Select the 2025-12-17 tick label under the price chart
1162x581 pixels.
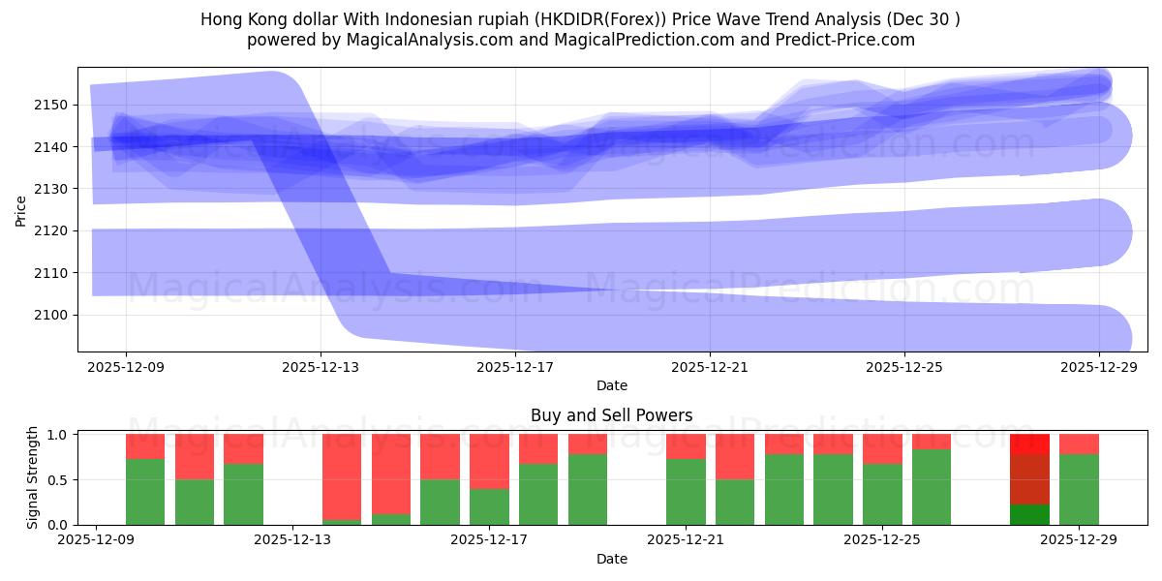tap(514, 367)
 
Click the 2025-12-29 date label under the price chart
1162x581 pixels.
tap(1099, 367)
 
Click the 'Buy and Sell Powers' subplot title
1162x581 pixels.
tap(611, 415)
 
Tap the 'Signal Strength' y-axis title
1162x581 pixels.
tap(32, 478)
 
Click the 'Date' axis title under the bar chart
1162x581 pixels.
tap(611, 559)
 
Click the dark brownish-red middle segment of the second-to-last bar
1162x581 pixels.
tap(1029, 479)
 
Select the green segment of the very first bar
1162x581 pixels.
tap(145, 492)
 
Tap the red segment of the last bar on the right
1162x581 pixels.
tap(1079, 443)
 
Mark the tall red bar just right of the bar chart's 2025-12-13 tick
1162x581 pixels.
tap(342, 476)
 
